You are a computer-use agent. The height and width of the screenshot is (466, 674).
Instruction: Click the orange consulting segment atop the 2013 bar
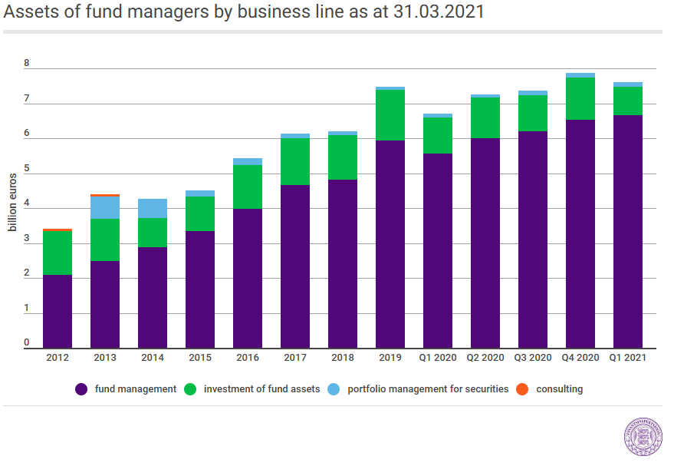pos(105,195)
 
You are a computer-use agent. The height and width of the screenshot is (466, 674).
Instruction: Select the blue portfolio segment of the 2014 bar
pos(153,209)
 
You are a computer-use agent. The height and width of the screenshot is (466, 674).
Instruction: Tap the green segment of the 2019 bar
pos(390,115)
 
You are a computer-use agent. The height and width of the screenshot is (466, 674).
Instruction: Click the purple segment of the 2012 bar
pos(58,312)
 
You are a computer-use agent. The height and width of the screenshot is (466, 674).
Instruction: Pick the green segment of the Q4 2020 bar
pos(580,99)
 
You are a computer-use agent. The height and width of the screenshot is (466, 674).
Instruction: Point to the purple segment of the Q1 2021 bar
pos(628,232)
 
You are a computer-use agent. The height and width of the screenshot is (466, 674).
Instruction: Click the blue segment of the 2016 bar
pos(248,162)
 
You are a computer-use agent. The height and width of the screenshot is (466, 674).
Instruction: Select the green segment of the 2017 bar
pos(295,162)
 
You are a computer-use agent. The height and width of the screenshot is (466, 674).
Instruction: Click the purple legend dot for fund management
pos(81,389)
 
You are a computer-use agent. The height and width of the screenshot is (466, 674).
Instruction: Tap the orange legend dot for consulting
pos(522,389)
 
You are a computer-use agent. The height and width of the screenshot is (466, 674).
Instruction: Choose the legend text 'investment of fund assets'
pos(261,389)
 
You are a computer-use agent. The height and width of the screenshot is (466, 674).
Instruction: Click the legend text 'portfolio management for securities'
pos(428,389)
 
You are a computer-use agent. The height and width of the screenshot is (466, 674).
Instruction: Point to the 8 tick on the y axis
pos(27,63)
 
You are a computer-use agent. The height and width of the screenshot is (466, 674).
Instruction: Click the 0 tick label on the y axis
pos(27,342)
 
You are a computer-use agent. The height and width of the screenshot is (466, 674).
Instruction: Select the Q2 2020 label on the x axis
pos(485,358)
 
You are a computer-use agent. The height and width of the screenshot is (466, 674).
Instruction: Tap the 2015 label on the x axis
pos(200,358)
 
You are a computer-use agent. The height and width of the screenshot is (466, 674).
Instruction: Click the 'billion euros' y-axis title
pos(12,202)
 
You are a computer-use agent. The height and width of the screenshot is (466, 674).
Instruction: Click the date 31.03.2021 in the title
pos(439,12)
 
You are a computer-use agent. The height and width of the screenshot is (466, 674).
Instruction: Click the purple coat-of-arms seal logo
pos(643,436)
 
